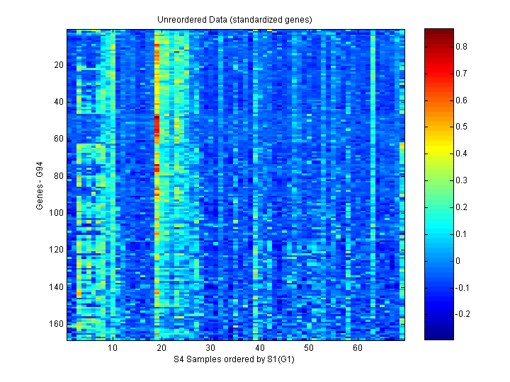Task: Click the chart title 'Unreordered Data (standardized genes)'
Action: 234,19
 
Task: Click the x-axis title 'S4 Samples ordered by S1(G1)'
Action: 235,360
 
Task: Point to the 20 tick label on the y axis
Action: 59,65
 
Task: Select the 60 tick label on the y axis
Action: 59,139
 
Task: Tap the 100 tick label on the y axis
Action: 57,213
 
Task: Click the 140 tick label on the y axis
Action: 57,286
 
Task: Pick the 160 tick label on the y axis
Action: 57,324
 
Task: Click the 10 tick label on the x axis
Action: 113,349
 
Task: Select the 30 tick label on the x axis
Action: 210,349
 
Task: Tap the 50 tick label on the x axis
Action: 308,349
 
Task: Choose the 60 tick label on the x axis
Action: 357,349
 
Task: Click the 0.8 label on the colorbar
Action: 461,47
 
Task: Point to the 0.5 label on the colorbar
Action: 461,127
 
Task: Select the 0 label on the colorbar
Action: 458,260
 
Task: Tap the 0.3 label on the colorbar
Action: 461,180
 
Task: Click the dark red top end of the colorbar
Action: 438,32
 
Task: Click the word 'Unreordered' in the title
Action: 179,19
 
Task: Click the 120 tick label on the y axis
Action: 57,250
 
